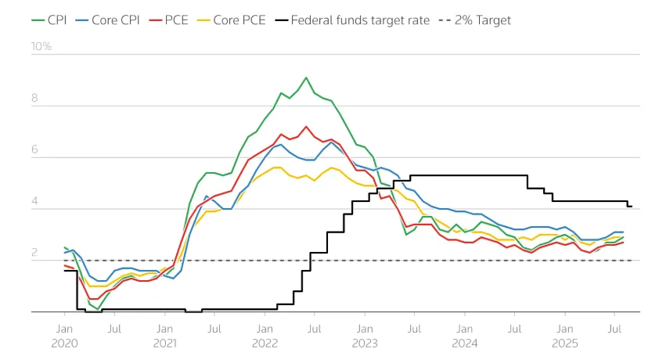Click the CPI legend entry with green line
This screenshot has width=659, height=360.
click(x=49, y=20)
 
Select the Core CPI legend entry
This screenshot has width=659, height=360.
click(x=107, y=20)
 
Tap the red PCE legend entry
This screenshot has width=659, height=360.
click(x=168, y=20)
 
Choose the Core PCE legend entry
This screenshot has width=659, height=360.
click(x=232, y=20)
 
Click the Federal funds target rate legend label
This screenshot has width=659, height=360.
click(x=360, y=20)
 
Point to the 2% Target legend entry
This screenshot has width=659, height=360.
click(x=475, y=20)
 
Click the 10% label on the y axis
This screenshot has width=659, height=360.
click(x=41, y=46)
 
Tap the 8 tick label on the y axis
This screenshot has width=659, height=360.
click(x=34, y=98)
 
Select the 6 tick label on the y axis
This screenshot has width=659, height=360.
click(x=34, y=149)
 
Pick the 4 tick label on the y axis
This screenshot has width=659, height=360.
click(x=34, y=201)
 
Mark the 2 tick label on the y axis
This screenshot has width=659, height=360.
click(x=34, y=253)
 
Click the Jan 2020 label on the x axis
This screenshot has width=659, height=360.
click(x=64, y=336)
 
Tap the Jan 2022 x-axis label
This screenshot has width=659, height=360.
click(x=265, y=336)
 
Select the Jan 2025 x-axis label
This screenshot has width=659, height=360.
click(x=565, y=336)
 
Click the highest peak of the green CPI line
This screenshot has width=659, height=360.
click(x=306, y=77)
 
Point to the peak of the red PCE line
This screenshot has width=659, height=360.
click(x=306, y=127)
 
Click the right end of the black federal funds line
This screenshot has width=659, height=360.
click(x=632, y=207)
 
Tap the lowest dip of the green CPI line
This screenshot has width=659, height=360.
click(x=98, y=310)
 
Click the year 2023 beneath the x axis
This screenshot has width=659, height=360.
click(x=365, y=344)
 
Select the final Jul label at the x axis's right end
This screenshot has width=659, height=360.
click(x=614, y=329)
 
